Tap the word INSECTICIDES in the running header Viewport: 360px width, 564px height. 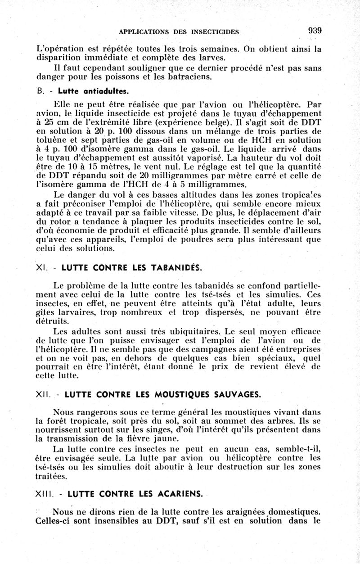click(210, 32)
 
